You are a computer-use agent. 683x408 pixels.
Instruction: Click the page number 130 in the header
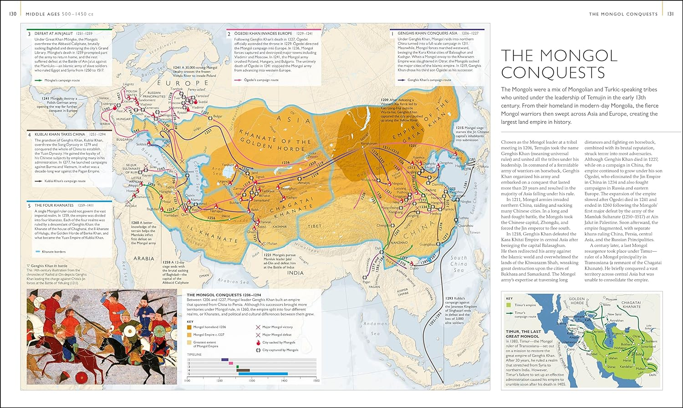click(x=13, y=14)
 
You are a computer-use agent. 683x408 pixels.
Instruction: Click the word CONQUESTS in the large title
click(x=553, y=72)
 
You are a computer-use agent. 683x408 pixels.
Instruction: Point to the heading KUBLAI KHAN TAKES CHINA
click(x=60, y=134)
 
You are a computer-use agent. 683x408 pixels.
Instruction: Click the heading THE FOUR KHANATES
click(x=51, y=205)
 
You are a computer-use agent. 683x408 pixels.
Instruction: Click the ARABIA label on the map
click(x=144, y=258)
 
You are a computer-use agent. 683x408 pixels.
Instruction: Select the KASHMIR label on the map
click(x=280, y=226)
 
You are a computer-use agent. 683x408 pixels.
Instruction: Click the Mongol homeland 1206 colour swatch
click(x=189, y=327)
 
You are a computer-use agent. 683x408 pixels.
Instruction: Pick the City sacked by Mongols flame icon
click(x=258, y=342)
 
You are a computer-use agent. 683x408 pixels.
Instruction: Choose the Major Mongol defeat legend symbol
click(x=258, y=335)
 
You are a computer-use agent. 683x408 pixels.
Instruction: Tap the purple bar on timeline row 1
click(x=224, y=360)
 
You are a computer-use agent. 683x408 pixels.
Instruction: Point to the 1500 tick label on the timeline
click(x=316, y=381)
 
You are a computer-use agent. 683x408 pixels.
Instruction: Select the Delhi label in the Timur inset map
click(x=652, y=375)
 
